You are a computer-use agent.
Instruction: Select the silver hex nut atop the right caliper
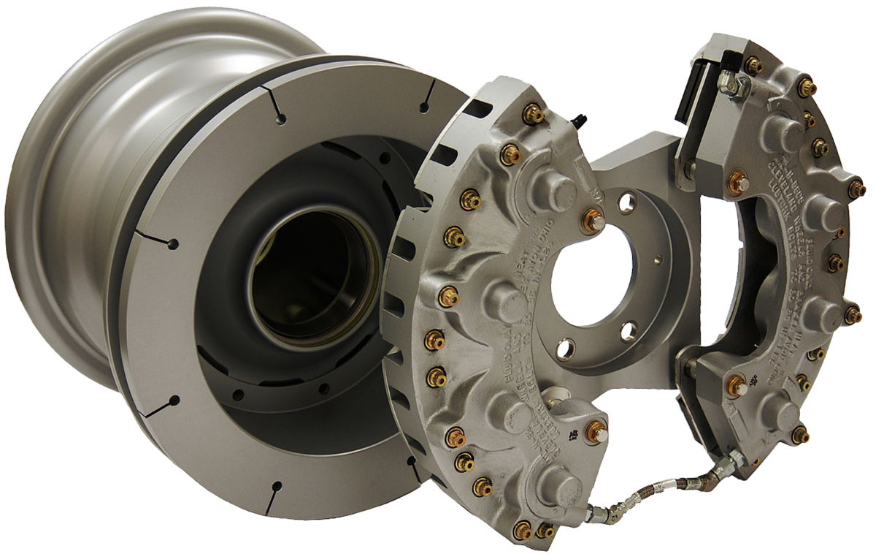(739, 84)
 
